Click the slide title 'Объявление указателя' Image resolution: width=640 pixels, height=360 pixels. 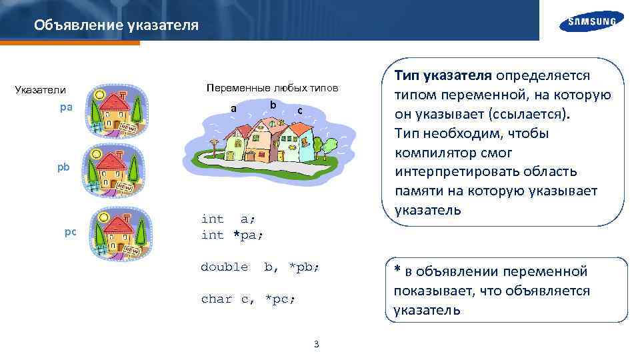116,25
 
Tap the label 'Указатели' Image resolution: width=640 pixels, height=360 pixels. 41,90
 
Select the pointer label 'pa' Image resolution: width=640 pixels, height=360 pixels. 66,107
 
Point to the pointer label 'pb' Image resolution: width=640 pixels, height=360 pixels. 63,167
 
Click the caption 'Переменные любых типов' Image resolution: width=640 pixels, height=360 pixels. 272,88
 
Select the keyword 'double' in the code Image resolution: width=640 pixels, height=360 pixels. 224,267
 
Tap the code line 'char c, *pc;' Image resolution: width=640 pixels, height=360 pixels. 248,299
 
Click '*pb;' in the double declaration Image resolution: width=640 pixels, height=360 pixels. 304,267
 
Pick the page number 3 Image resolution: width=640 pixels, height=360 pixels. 316,344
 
